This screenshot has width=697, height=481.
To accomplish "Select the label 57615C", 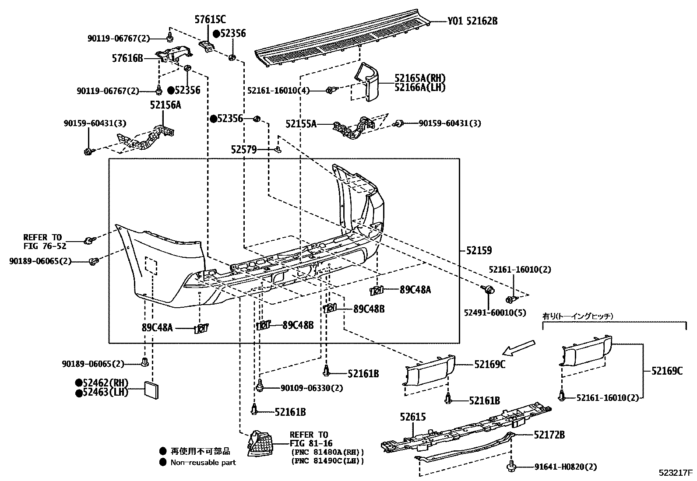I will [x=210, y=19].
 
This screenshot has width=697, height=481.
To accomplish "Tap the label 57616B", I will [x=127, y=57].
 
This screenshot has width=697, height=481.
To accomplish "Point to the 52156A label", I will [x=165, y=105].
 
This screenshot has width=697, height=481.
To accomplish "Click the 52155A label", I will [x=301, y=124].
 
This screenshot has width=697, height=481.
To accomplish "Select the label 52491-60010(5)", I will [x=495, y=313].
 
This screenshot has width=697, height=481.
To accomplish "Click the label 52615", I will [x=412, y=417].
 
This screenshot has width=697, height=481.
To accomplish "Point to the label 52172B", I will [x=549, y=435].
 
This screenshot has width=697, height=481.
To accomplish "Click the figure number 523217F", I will [x=676, y=473].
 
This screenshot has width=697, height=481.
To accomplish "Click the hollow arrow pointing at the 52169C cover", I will [x=518, y=347].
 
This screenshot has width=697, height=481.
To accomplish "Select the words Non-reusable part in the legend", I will [x=203, y=462].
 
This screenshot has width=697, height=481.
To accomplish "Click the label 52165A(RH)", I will [x=419, y=78].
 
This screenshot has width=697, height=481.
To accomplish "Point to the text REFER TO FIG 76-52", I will [x=42, y=242].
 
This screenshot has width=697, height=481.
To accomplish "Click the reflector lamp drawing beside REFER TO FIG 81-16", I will [x=260, y=443].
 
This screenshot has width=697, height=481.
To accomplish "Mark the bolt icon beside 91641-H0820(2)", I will [x=510, y=467].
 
